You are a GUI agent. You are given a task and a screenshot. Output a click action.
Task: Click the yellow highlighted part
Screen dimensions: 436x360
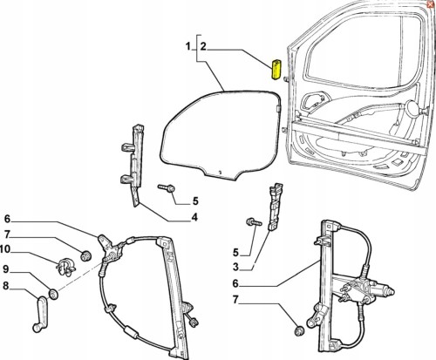coord(276,70)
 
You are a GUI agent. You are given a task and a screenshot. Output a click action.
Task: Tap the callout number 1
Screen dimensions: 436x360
coord(188,46)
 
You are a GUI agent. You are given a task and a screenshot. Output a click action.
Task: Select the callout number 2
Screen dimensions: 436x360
coord(203,46)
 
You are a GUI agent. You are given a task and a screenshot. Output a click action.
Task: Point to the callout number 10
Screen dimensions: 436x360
coord(5,249)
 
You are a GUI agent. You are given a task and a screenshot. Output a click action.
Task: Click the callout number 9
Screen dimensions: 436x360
coord(6,269)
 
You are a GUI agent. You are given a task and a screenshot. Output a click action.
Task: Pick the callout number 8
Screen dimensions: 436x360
coord(6,286)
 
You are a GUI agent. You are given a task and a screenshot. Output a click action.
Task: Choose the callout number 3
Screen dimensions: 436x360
coord(235,267)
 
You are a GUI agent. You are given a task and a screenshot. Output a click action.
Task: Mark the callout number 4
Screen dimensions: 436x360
coord(194,217)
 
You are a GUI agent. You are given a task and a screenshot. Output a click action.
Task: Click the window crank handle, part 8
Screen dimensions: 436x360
coord(40,314)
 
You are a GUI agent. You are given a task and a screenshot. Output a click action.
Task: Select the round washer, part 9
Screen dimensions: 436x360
coord(53,294)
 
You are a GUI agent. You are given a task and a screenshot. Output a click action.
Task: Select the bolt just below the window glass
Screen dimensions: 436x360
coord(167,188)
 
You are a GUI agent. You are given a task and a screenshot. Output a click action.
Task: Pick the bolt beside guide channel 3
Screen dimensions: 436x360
coord(254,222)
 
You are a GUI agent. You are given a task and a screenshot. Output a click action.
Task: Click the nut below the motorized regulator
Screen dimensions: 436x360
coord(299,330)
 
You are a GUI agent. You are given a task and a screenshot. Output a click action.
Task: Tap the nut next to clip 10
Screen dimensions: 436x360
coord(85,255)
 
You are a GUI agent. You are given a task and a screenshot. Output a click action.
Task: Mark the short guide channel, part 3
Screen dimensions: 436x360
coord(274,207)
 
